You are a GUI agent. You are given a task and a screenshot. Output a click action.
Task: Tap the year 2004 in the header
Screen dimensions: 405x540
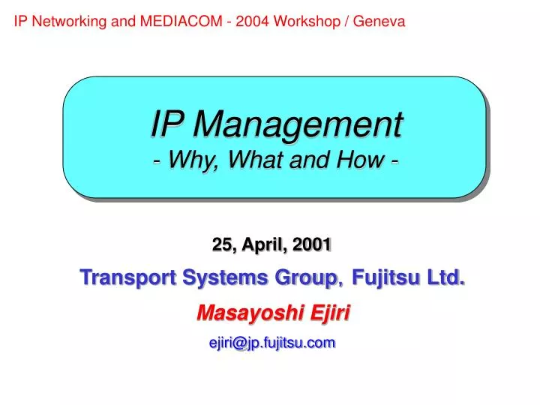252,22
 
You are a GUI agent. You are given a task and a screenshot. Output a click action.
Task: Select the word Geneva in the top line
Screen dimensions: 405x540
379,22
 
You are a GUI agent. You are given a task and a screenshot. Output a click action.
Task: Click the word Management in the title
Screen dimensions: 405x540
298,124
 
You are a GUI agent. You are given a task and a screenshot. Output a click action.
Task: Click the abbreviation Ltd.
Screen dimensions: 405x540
445,278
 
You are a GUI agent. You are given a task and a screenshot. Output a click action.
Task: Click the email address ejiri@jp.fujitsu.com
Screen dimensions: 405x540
271,343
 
